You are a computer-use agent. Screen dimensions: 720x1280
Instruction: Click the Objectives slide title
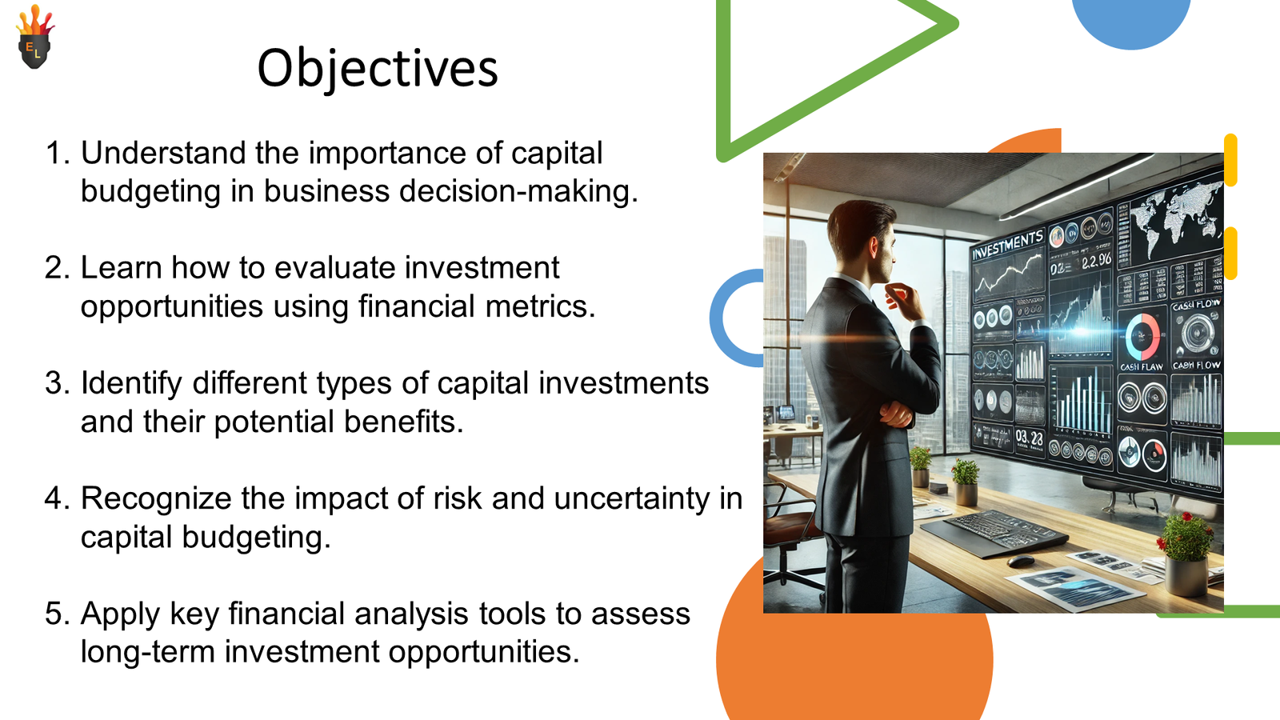[x=377, y=68]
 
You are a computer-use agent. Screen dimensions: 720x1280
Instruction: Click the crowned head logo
[x=34, y=39]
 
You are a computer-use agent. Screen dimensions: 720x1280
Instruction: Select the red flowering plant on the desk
[x=1186, y=536]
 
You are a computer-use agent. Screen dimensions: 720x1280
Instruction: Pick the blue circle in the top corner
[x=1131, y=18]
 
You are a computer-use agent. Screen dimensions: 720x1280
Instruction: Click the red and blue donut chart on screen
[x=1142, y=336]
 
